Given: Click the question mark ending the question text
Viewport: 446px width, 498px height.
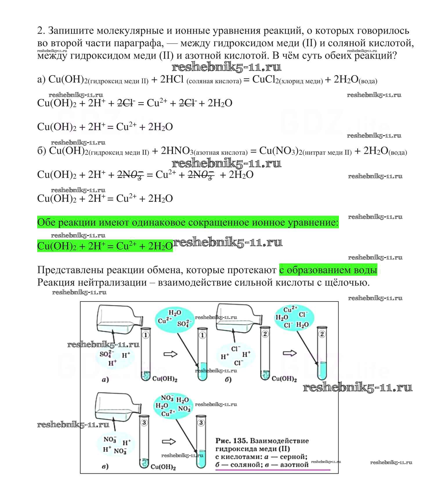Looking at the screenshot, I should point(393,55).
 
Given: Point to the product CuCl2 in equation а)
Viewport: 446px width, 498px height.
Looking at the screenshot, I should point(263,79).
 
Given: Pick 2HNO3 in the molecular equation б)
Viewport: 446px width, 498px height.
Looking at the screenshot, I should point(176,151).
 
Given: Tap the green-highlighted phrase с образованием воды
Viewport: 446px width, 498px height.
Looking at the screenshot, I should point(328,270).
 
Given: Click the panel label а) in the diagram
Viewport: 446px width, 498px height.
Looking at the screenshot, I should point(105,379).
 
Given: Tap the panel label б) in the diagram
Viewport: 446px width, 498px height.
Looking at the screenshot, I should point(228,379).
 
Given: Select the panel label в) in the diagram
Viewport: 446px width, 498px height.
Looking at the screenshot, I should point(105,466).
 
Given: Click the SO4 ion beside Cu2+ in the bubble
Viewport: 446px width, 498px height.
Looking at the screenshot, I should point(184,323).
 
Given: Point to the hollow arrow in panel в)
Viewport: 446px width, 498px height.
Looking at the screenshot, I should point(169,442).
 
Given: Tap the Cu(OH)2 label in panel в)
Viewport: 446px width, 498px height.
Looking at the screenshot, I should point(163,467).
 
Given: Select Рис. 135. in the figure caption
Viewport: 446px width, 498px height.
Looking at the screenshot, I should point(231,441).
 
